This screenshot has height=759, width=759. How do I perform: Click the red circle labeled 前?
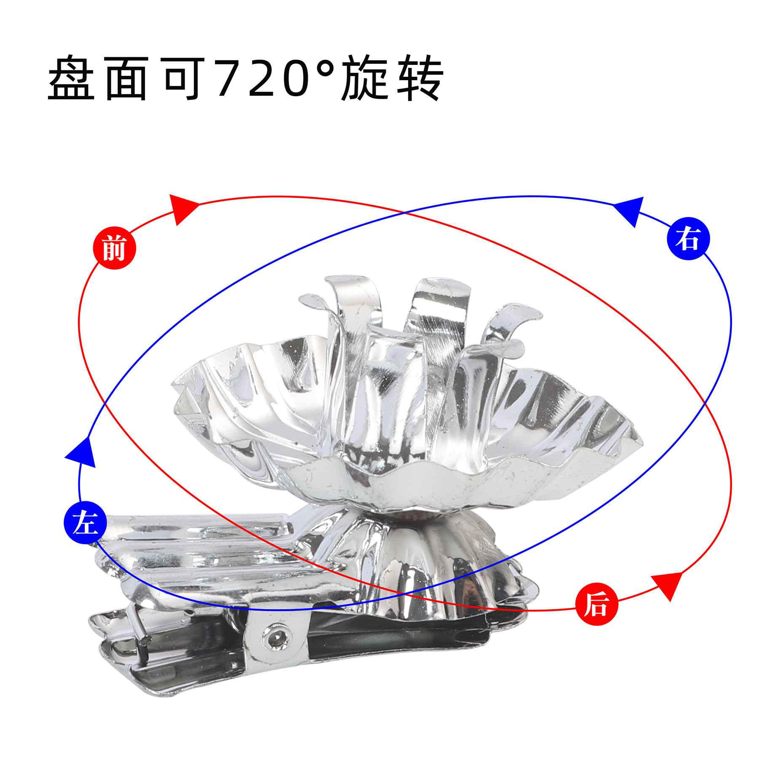114,248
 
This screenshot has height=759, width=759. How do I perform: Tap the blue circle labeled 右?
688,238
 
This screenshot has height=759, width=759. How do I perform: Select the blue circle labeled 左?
85,523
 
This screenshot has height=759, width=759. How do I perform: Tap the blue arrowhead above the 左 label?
82,453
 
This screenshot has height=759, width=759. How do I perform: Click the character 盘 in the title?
71,78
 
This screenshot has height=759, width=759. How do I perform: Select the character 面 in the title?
126,78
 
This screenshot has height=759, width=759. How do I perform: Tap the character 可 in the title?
184,78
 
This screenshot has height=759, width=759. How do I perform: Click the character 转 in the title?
420,78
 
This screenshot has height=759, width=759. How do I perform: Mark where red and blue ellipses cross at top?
404,213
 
